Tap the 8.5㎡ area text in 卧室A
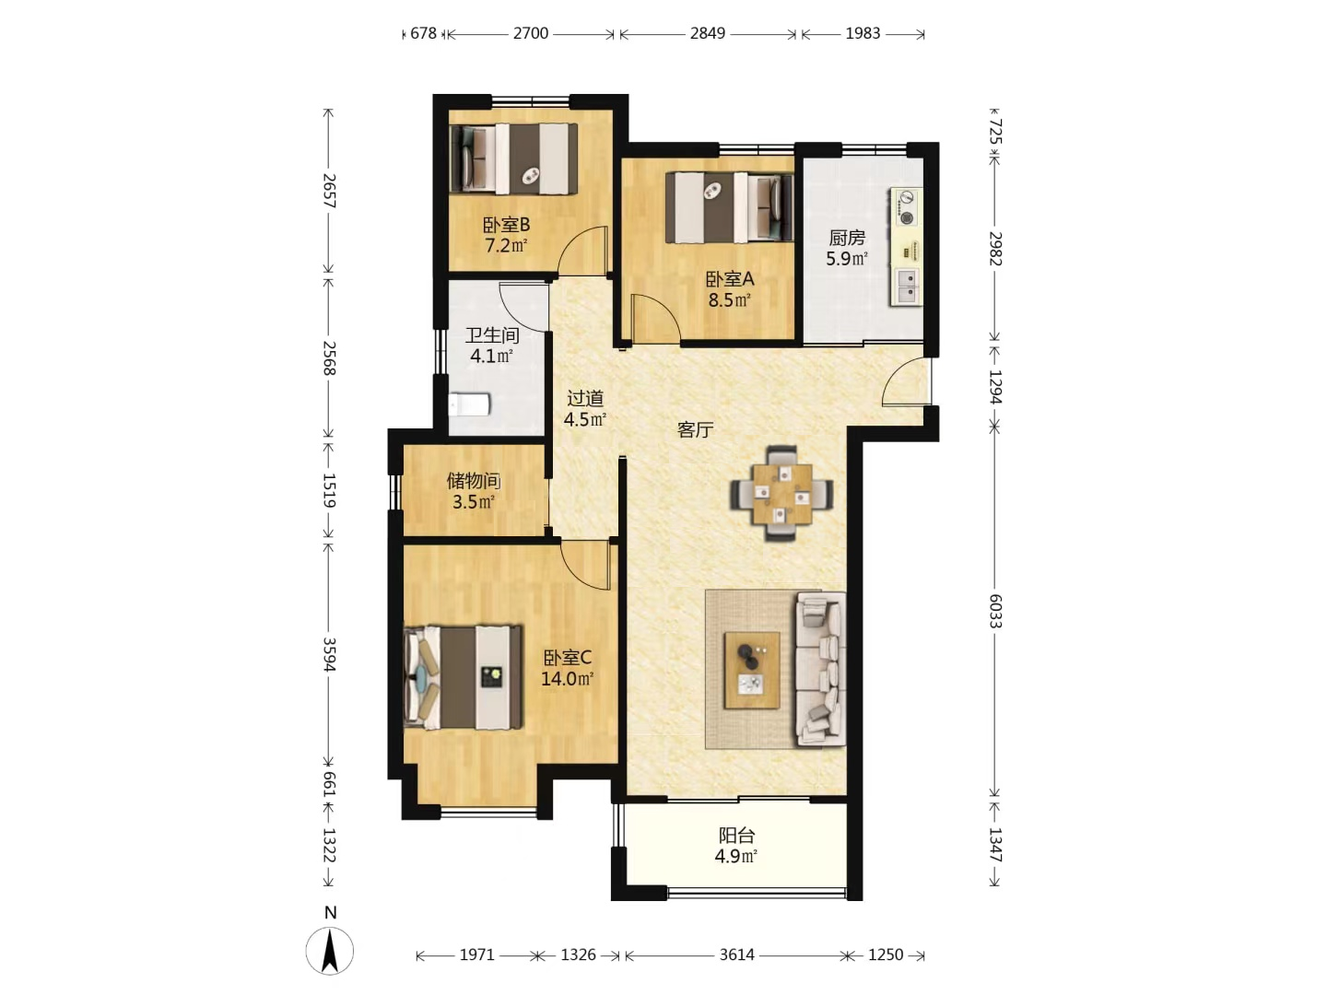click(729, 299)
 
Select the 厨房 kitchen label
click(847, 238)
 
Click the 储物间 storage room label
click(474, 481)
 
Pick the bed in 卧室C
click(463, 677)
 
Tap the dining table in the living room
click(781, 494)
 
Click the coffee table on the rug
click(751, 670)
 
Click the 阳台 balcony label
click(736, 836)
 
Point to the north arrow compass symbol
click(330, 951)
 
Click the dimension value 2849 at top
click(708, 33)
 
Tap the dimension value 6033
click(995, 611)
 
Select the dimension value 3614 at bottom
click(736, 954)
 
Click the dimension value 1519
click(329, 490)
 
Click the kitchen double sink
click(907, 286)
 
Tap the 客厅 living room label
click(695, 429)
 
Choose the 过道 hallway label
click(584, 398)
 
